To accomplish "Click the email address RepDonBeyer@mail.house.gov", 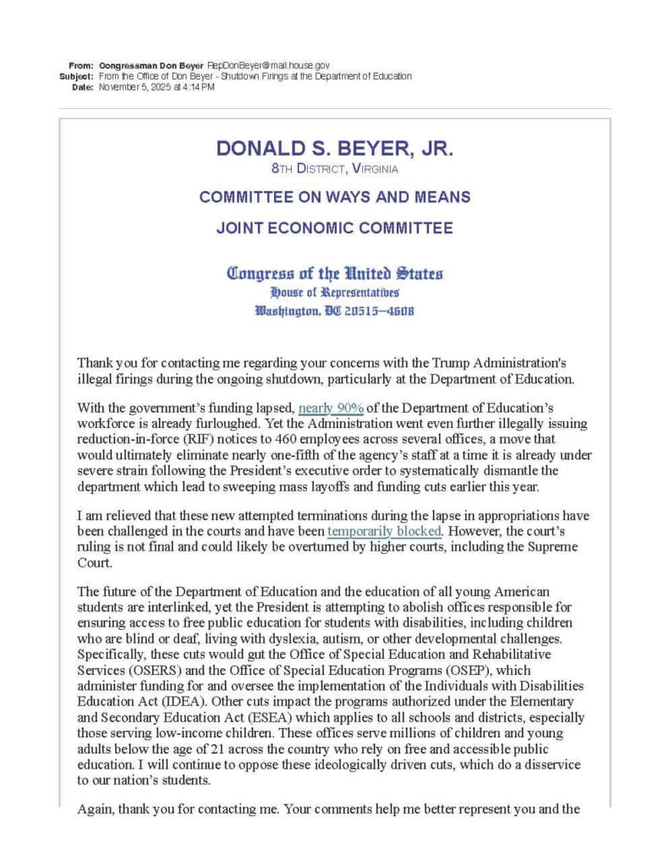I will pos(268,65).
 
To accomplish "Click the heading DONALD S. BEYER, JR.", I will pos(334,149).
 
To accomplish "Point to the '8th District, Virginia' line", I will pos(334,169).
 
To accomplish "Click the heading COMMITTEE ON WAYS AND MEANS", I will pos(334,197).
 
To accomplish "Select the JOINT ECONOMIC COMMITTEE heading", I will pos(334,227).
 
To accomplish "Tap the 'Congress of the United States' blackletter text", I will pos(334,273).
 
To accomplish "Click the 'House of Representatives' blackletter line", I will pos(334,293).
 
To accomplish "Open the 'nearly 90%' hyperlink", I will pos(331,407).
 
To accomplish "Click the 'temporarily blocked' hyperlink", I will pos(384,531).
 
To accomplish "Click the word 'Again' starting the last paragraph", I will pos(96,808).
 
